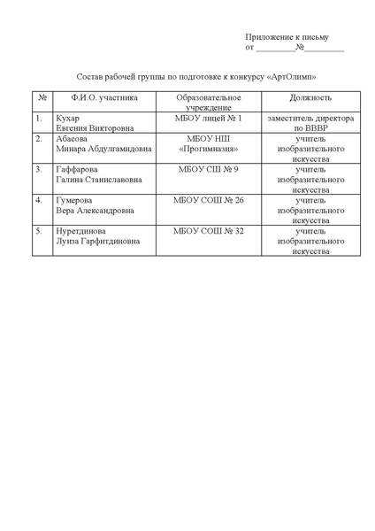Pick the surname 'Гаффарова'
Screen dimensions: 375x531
(77, 169)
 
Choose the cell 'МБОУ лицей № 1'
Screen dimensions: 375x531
(209, 118)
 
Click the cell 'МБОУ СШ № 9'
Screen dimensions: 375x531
(209, 169)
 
